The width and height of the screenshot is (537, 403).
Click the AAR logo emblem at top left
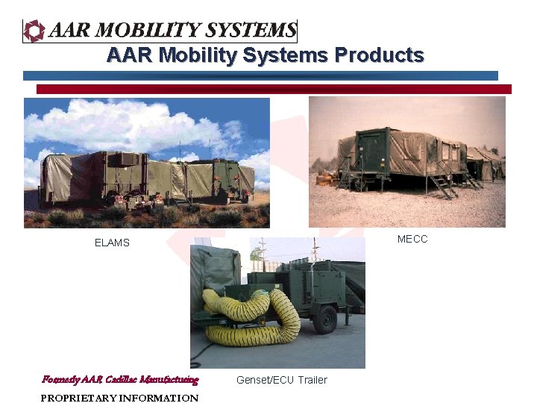point(34,31)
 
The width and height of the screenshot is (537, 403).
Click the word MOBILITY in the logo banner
point(149,31)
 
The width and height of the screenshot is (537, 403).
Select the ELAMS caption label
point(112,243)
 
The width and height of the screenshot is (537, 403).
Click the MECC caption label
point(412,239)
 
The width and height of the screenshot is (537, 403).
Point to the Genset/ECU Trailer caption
point(281,380)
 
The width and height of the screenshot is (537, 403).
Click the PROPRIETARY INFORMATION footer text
point(119,398)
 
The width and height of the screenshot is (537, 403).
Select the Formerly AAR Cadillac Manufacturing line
point(120,379)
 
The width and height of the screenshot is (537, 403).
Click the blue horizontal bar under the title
point(260,75)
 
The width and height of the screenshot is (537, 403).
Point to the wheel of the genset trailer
point(325,321)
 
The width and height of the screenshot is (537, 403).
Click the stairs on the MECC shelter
point(443,185)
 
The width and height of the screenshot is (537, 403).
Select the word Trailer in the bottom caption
point(313,380)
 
